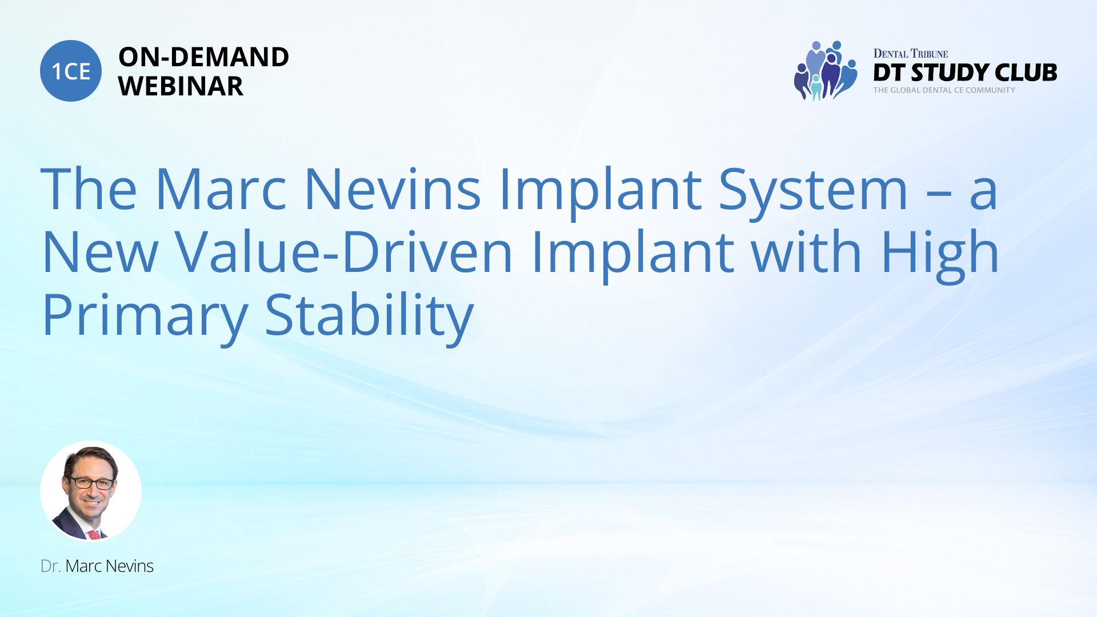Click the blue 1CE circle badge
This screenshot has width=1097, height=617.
71,71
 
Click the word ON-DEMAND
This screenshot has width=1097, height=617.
203,57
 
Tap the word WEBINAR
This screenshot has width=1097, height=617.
181,86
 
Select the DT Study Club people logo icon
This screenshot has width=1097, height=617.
826,70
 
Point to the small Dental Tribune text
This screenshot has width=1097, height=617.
910,54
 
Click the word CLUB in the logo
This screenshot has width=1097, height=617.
1026,73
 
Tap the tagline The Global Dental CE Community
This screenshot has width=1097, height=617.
944,90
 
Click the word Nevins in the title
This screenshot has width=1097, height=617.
393,189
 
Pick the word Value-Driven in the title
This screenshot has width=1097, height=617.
343,252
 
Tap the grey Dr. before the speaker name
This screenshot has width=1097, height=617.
50,566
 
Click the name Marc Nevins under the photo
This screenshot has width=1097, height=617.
109,566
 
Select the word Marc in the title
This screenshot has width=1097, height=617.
221,189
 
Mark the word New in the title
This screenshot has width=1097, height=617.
100,252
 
